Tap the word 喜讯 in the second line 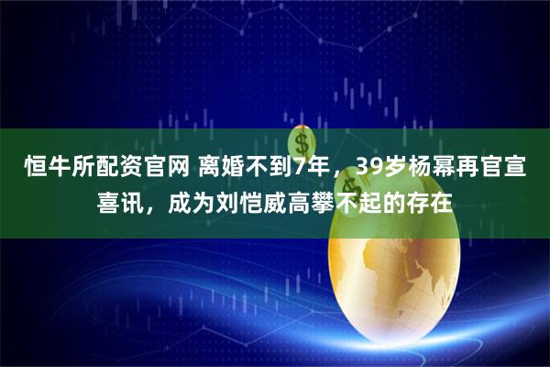pos(121,201)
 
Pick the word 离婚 pos(219,168)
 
